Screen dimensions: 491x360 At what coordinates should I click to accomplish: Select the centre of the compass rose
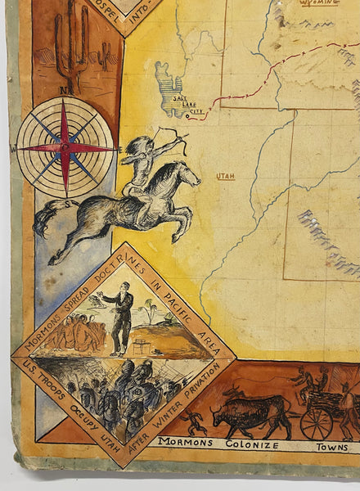65,147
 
